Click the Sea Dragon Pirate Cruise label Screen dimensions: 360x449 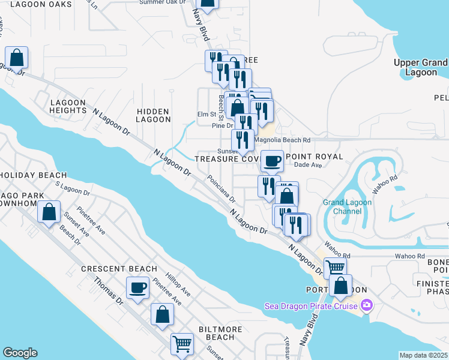(311, 306)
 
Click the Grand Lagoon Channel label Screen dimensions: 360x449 (348, 206)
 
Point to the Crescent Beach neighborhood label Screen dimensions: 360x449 (119, 269)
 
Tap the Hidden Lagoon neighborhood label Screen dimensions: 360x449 (154, 115)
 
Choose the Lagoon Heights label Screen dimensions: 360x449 (68, 106)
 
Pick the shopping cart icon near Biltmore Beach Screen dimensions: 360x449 (182, 344)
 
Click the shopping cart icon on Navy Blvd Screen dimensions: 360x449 (335, 267)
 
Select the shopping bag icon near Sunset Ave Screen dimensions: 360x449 (49, 211)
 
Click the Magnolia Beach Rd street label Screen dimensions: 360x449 (282, 140)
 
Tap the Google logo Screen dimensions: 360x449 (20, 353)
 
